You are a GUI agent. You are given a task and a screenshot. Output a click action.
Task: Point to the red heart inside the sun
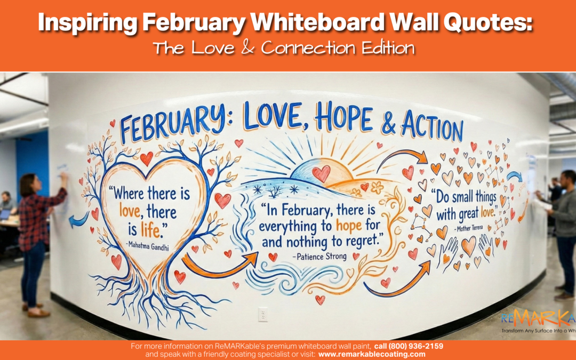click(321, 173)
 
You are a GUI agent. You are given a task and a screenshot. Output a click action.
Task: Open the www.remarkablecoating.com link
click(372, 354)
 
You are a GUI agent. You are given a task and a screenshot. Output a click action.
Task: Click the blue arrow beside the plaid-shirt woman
click(78, 219)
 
